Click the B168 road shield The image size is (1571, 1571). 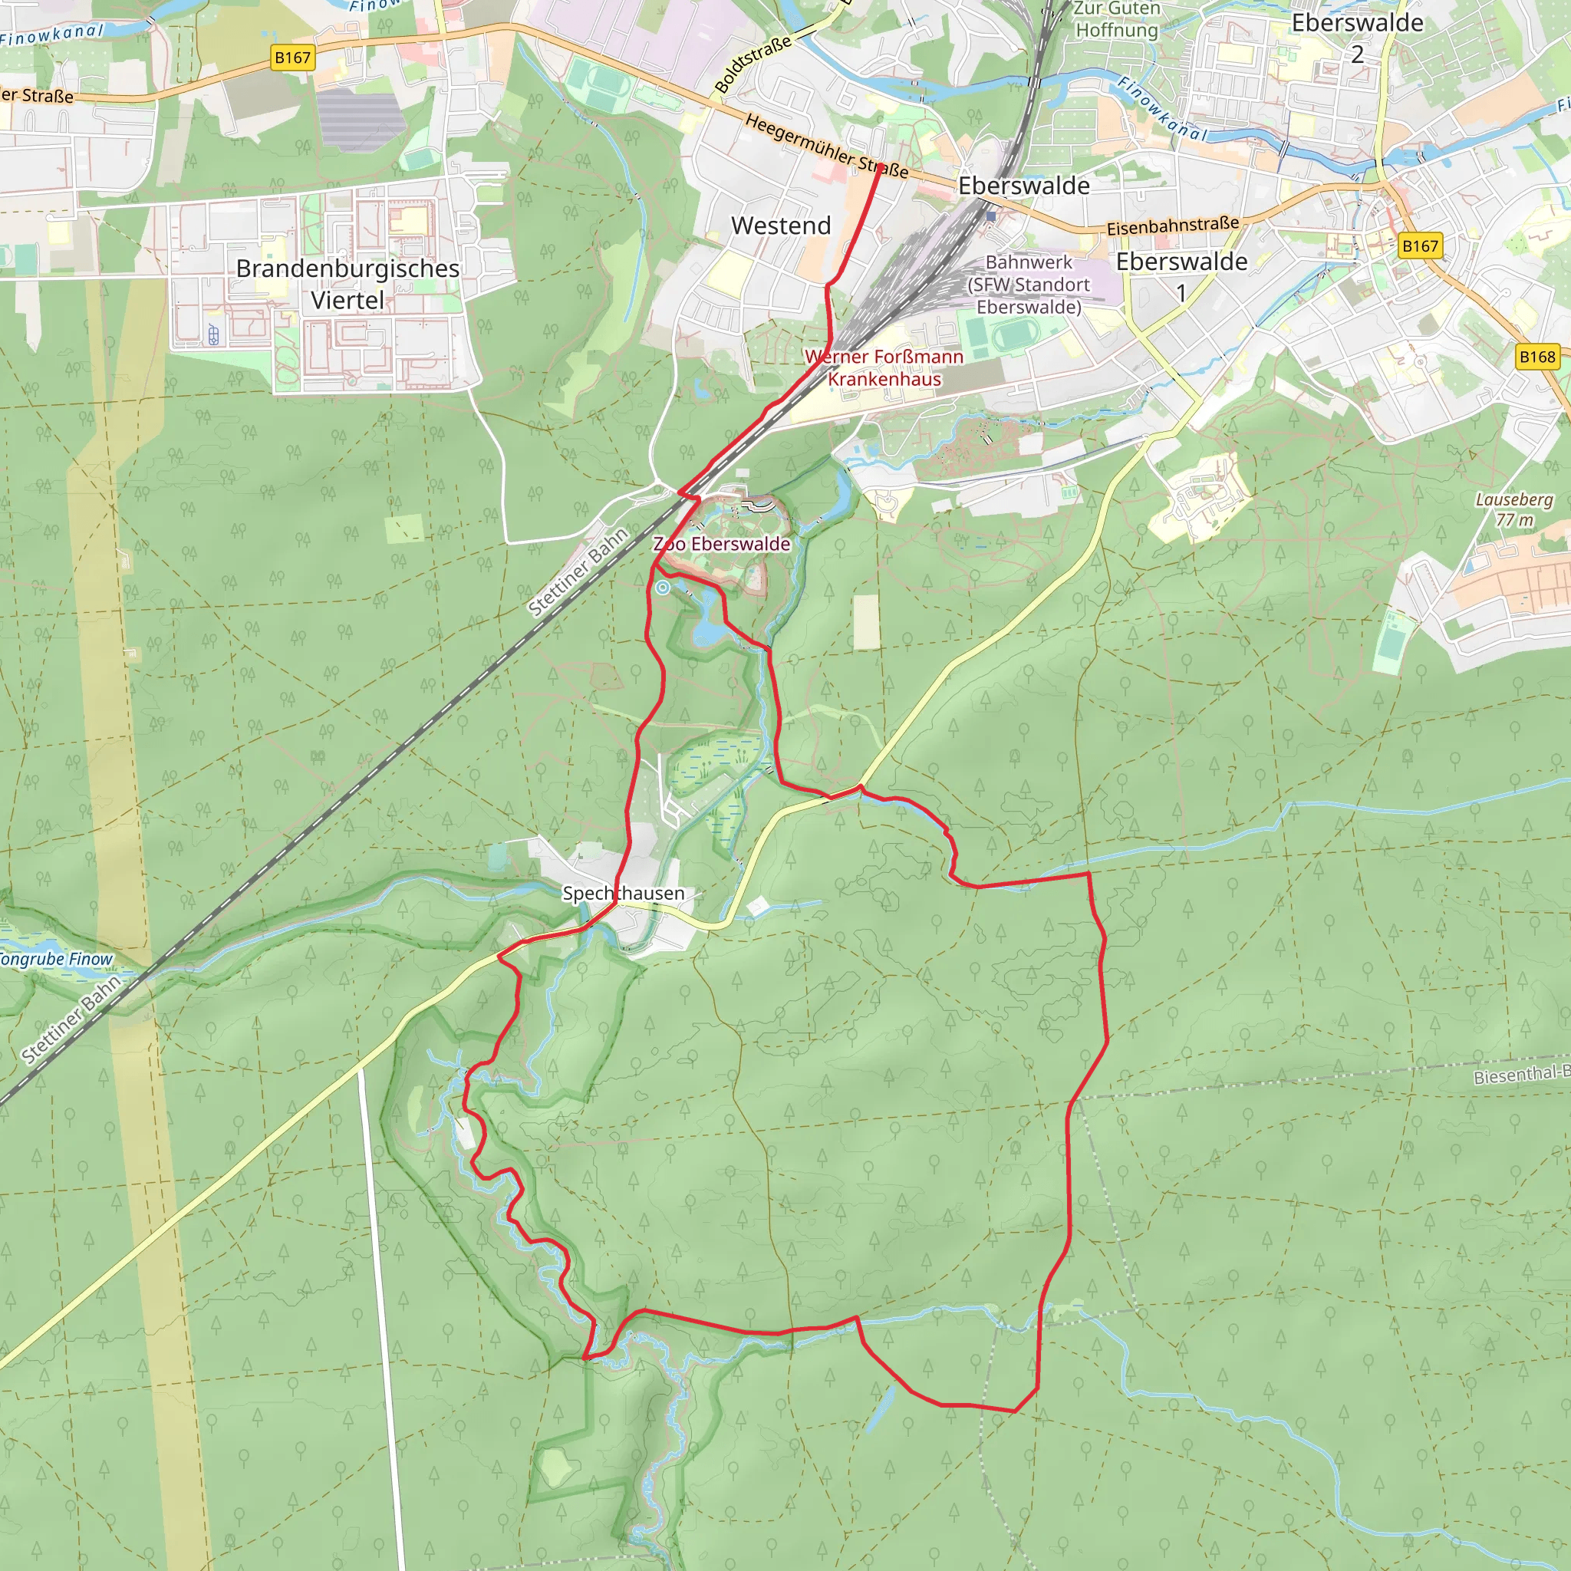coord(1536,356)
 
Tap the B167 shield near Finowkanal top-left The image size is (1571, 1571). coord(292,58)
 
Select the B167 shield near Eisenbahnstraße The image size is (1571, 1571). coord(1420,245)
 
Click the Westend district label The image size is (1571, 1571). coord(781,226)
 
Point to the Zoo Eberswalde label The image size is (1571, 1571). coord(722,544)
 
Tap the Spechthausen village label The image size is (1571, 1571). coord(624,893)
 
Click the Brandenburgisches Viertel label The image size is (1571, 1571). coord(347,284)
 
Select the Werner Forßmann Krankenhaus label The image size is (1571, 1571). coord(884,367)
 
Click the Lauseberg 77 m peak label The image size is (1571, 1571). coord(1514,510)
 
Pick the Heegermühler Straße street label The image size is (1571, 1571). coord(826,147)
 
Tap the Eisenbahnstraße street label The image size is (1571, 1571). coord(1173,226)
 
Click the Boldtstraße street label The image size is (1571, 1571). coord(753,64)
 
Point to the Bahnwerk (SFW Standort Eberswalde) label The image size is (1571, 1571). coord(1029,285)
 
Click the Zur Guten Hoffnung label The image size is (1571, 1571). coord(1116,19)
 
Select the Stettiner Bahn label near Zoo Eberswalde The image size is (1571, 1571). coord(578,571)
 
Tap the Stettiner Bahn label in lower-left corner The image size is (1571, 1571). coord(71,1019)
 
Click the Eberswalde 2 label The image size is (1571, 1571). coord(1357,38)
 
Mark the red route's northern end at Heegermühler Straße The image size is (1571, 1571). coord(879,166)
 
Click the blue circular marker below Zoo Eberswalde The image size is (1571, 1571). coord(664,587)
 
